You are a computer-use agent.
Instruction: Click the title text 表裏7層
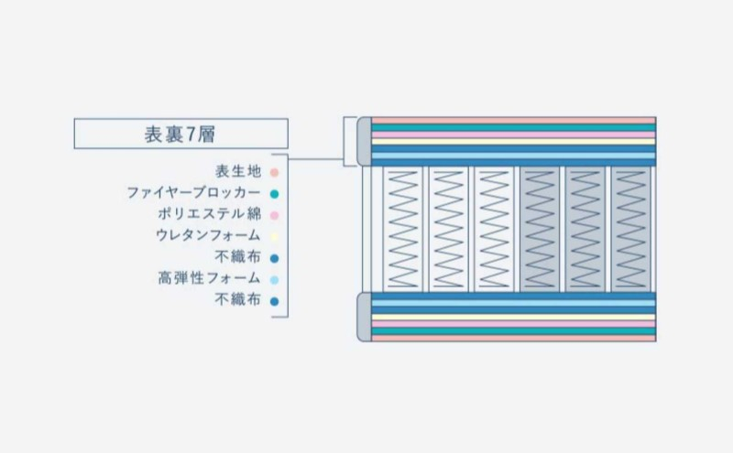click(180, 135)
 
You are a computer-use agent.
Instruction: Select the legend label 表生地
click(238, 171)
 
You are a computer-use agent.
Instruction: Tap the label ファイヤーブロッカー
click(193, 193)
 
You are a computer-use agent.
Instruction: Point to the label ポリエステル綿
click(209, 214)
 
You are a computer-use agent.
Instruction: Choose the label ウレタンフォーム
click(208, 235)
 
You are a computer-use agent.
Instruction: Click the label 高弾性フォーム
click(209, 278)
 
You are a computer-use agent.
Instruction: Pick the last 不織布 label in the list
click(238, 299)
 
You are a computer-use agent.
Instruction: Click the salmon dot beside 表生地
click(274, 173)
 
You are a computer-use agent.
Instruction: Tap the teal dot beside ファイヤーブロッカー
click(274, 194)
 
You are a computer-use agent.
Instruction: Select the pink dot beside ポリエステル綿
click(274, 216)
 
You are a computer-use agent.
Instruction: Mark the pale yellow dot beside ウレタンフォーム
click(274, 237)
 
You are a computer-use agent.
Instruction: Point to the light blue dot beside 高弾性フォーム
click(274, 280)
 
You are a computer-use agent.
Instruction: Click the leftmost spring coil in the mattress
click(402, 230)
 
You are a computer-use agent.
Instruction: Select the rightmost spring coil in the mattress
click(631, 230)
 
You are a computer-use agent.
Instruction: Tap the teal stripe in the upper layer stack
click(513, 127)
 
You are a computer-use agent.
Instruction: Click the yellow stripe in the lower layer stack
click(513, 317)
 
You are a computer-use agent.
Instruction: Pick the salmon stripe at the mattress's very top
click(513, 121)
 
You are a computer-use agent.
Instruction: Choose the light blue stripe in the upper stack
click(513, 156)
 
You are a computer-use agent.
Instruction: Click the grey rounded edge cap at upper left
click(364, 142)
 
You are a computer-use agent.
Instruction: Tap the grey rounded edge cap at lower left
click(364, 317)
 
